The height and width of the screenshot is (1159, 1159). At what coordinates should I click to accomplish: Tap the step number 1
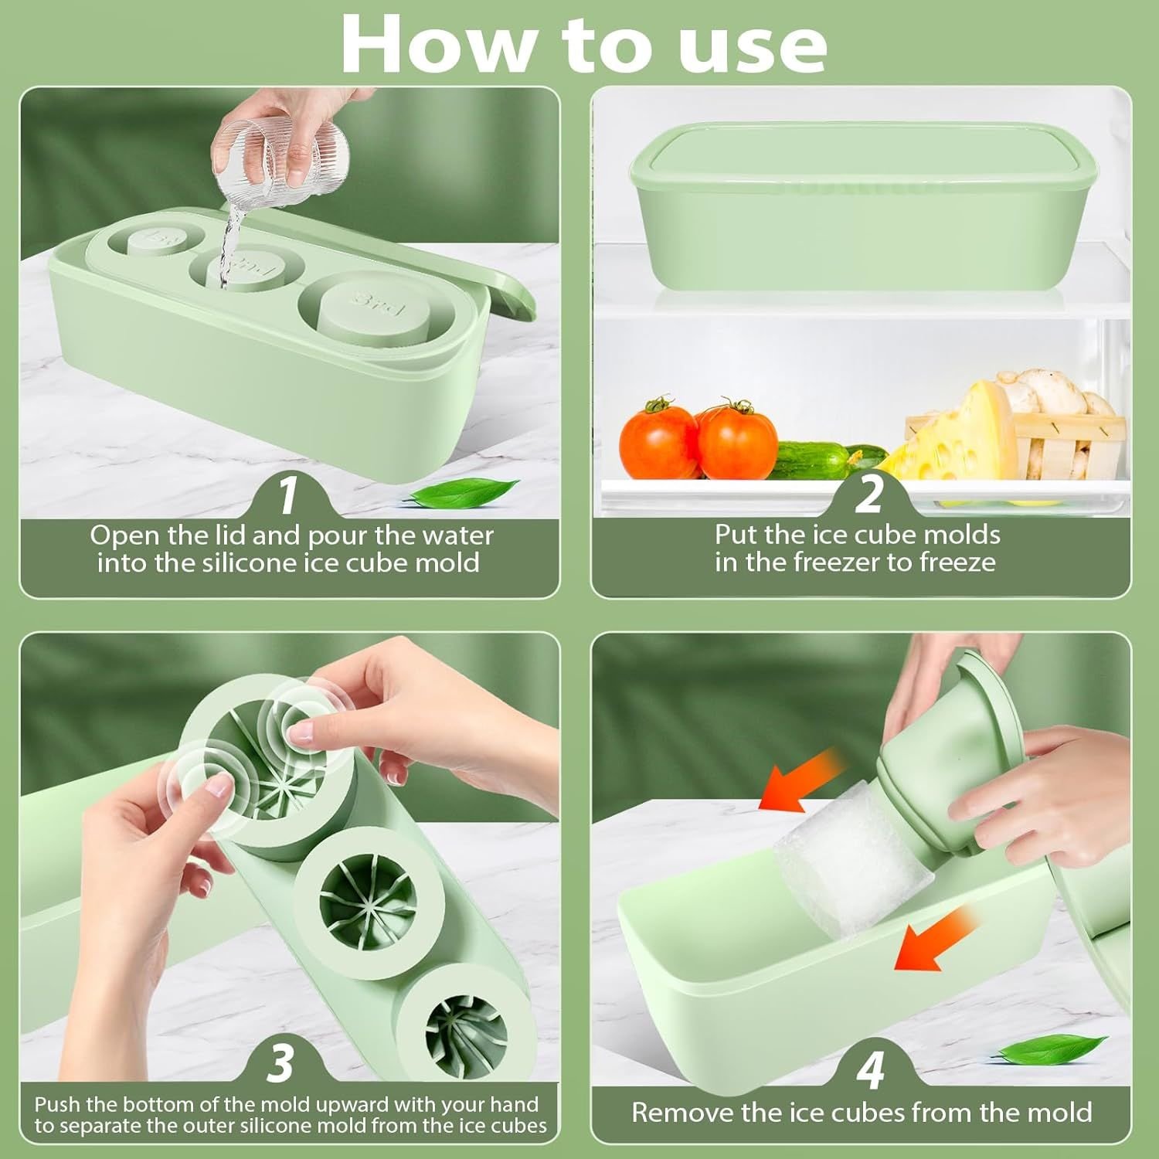(287, 495)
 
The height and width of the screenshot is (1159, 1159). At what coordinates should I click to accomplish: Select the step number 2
(868, 495)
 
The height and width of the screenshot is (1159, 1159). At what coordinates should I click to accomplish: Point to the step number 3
(280, 1063)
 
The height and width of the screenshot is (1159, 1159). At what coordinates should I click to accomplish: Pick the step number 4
(870, 1069)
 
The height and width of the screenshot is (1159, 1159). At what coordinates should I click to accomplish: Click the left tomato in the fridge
(658, 438)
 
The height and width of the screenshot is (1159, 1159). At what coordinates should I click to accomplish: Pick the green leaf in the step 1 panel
(461, 492)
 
